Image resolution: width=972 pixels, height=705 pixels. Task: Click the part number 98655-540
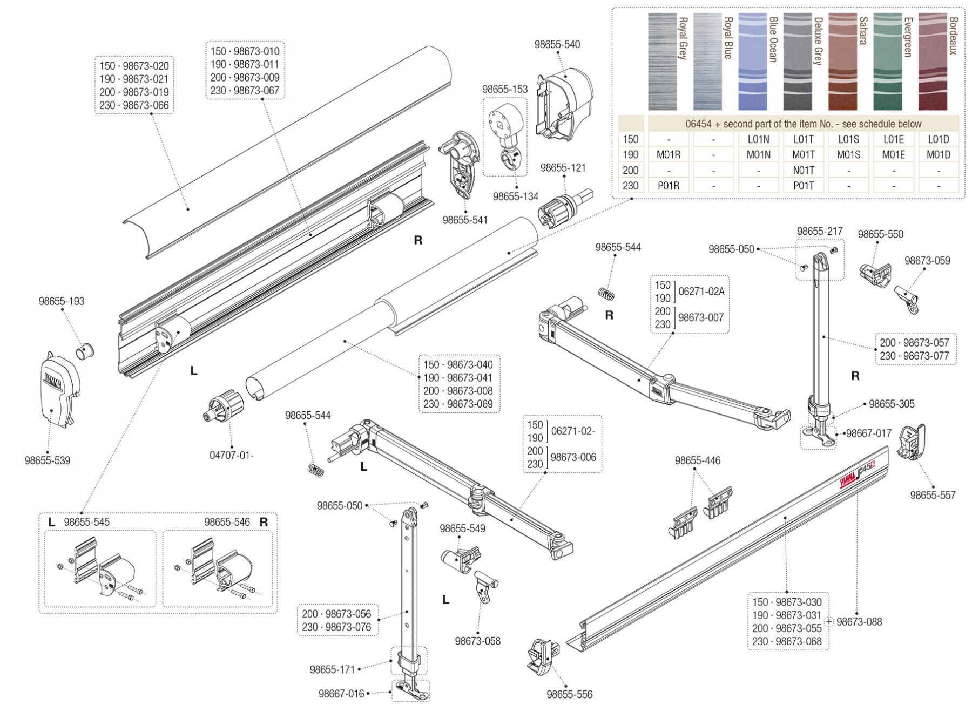[x=557, y=45]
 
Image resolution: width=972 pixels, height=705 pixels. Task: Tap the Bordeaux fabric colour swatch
[x=933, y=62]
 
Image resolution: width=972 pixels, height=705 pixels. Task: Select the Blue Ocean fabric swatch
[x=752, y=62]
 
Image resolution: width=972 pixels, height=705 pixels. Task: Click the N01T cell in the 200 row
[x=804, y=170]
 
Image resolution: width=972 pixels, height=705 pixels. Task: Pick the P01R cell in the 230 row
[x=668, y=186]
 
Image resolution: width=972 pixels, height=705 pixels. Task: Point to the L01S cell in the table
[x=848, y=139]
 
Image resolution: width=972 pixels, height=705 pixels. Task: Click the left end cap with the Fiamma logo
[x=59, y=389]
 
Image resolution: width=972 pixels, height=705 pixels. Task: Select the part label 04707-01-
[x=231, y=455]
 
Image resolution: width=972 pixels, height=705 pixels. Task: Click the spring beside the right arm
[x=607, y=294]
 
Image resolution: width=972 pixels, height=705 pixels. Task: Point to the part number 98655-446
[x=697, y=460]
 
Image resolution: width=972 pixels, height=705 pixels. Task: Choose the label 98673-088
[x=859, y=622]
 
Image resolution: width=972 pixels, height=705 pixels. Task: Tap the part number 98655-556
[x=569, y=694]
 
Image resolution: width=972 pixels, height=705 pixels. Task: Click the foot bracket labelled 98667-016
[x=411, y=688]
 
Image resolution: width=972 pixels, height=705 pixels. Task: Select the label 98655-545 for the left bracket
[x=86, y=522]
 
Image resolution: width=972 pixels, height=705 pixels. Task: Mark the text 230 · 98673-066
[x=134, y=105]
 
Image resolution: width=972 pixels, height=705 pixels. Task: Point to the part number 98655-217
[x=819, y=231]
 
